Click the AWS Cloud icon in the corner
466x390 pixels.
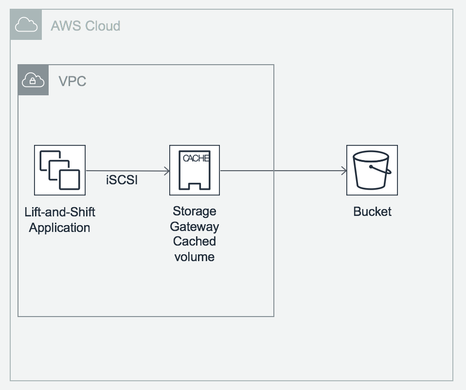pos(26,25)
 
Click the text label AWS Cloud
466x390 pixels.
pos(86,25)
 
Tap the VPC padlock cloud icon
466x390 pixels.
pos(33,80)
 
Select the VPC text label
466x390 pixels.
pos(72,81)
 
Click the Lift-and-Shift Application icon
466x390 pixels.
pos(60,170)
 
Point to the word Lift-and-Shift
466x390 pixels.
pos(60,213)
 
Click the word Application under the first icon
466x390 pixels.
pos(59,228)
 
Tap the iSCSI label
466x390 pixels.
pos(122,180)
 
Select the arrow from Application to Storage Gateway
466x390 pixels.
pos(127,171)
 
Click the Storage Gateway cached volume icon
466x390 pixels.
pos(195,170)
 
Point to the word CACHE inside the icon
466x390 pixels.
pos(196,159)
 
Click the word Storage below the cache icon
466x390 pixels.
pos(195,212)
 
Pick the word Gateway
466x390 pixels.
pos(195,227)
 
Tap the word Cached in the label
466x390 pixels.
pos(195,241)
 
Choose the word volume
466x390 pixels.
pos(195,256)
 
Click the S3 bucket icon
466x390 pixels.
pos(372,170)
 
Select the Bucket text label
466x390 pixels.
pos(372,212)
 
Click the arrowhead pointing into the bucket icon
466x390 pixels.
pos(344,171)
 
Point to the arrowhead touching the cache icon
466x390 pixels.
pos(167,171)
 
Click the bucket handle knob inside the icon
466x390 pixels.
pos(371,166)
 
